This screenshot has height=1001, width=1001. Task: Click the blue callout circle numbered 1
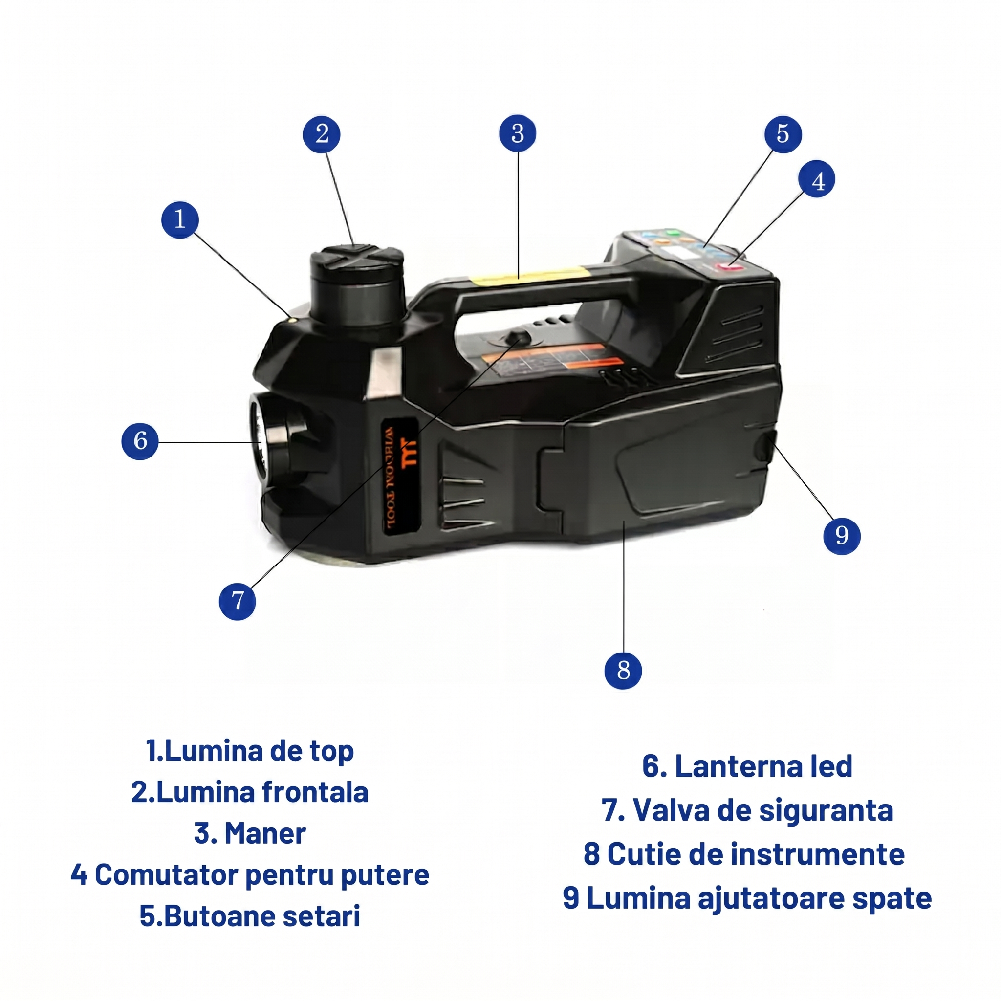(x=180, y=219)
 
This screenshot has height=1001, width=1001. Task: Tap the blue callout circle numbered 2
(x=322, y=134)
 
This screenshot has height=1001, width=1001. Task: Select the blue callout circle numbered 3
(x=518, y=133)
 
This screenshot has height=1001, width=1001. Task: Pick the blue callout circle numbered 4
(x=817, y=180)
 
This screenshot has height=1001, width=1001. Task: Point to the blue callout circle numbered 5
(x=783, y=134)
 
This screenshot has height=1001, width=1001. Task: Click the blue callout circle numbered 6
(x=140, y=441)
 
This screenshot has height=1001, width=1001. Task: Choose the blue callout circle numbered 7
(x=237, y=601)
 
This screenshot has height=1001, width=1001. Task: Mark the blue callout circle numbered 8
(x=623, y=671)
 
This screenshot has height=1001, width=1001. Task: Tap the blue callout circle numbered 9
(x=842, y=535)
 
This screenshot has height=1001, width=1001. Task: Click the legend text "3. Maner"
(x=250, y=833)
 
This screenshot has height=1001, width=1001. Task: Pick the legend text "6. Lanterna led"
(x=747, y=766)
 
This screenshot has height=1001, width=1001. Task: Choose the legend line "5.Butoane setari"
(x=250, y=915)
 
